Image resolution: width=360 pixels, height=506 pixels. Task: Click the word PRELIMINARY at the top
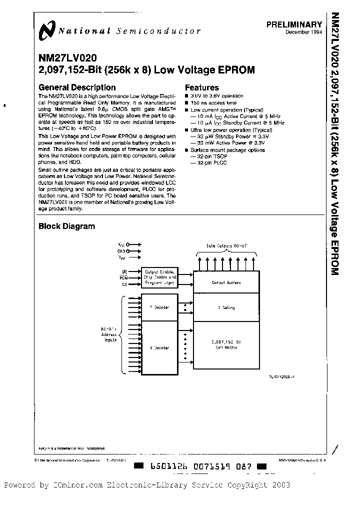294,24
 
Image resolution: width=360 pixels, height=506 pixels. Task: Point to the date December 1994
303,32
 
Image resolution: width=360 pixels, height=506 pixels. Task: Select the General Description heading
77,87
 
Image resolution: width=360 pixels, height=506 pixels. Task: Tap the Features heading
202,87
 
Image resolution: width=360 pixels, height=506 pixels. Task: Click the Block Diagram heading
66,226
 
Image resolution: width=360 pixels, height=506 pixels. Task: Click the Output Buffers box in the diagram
226,282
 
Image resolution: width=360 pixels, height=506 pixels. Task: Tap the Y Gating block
226,308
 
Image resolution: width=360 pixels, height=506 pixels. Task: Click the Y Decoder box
159,307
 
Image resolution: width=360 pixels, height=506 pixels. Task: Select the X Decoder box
159,347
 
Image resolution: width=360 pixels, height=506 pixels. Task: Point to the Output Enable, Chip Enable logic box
159,277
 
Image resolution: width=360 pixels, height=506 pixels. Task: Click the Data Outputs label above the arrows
226,245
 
